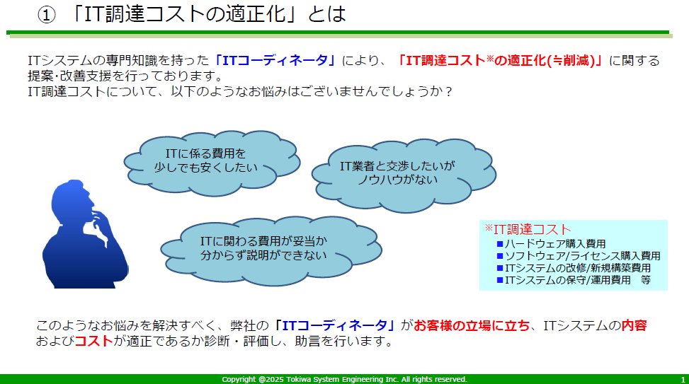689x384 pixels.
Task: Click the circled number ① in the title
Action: click(x=47, y=15)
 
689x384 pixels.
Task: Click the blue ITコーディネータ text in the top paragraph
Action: click(x=275, y=60)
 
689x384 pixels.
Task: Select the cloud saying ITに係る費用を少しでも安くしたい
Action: click(x=211, y=163)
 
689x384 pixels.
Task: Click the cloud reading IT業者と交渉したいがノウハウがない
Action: click(x=404, y=175)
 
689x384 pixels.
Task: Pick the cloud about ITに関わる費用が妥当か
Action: click(x=271, y=250)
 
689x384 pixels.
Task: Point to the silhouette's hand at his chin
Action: click(x=101, y=226)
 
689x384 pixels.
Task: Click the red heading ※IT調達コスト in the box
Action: click(x=528, y=229)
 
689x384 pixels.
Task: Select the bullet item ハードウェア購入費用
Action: click(x=551, y=244)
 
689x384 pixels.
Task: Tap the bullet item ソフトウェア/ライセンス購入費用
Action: click(x=579, y=256)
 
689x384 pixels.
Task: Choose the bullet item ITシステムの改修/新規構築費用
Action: click(x=574, y=268)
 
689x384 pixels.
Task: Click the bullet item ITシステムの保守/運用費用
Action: click(x=564, y=280)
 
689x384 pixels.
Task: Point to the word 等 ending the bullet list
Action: click(x=646, y=280)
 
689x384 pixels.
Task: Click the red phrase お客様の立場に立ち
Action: click(x=472, y=325)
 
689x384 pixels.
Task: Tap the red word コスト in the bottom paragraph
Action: click(x=93, y=341)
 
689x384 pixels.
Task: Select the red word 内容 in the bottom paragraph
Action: click(x=634, y=325)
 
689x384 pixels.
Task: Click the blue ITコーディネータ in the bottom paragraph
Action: click(x=334, y=325)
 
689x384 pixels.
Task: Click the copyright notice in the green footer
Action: click(x=344, y=379)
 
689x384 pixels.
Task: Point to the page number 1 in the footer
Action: click(x=683, y=380)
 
